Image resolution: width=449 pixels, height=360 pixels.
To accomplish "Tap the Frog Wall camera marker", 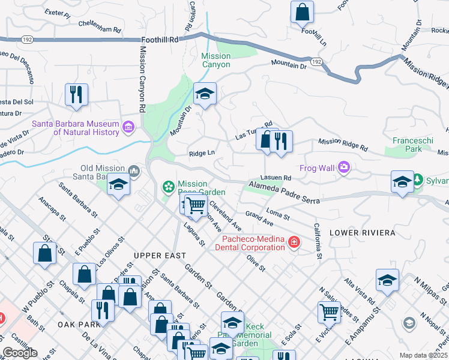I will pos(344,167).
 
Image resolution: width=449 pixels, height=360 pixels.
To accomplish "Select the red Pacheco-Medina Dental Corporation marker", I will pos(294,242).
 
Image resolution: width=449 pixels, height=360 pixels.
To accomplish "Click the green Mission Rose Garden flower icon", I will pos(169,188).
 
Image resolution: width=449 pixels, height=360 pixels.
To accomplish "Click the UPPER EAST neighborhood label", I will pos(155,256).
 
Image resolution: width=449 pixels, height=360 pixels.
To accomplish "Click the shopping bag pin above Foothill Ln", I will pos(303,11).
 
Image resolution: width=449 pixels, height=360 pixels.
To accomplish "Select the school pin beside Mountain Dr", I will pos(205,94).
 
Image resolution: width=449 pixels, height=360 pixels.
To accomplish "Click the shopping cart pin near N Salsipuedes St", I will pos(329,311).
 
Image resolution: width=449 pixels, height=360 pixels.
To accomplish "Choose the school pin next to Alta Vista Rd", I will pos(387,280).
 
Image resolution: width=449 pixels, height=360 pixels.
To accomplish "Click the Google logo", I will pos(20,353).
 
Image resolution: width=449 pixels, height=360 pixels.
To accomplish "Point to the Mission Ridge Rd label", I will pos(342,145).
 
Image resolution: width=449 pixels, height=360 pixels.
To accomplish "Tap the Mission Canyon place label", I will pos(215,60).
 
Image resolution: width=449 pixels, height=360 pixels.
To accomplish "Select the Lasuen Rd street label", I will pos(276,178).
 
